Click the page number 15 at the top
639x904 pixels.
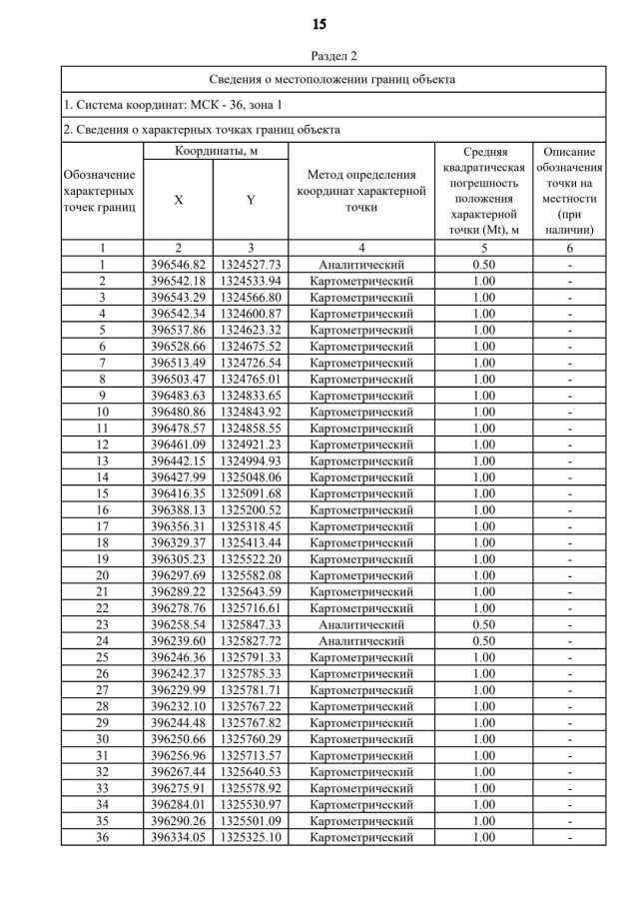tap(319, 23)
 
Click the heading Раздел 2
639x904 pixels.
tap(319, 56)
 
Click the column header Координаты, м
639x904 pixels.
tap(215, 152)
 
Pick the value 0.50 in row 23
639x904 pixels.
tap(483, 623)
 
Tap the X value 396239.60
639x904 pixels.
tap(178, 640)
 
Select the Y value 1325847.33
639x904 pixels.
tap(251, 623)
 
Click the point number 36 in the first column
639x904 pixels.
tap(102, 836)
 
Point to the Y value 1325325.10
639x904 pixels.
tap(251, 836)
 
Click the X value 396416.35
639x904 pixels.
tap(178, 493)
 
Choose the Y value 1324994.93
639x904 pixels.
tap(251, 460)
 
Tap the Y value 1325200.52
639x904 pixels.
tap(251, 509)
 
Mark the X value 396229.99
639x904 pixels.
tap(178, 689)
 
